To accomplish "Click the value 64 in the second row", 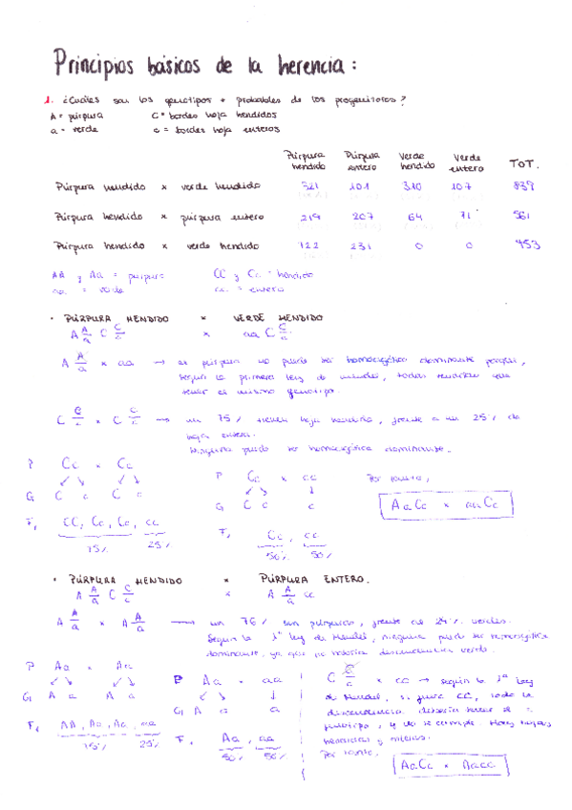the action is tap(414, 217).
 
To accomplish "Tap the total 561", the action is tap(521, 217).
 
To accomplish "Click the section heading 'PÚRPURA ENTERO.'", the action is tap(315, 579).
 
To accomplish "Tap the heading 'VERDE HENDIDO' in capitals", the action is tap(278, 318).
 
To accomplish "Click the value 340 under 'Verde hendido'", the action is tap(413, 186).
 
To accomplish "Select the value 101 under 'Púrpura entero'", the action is tap(360, 186).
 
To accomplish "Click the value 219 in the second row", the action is tap(309, 217).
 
